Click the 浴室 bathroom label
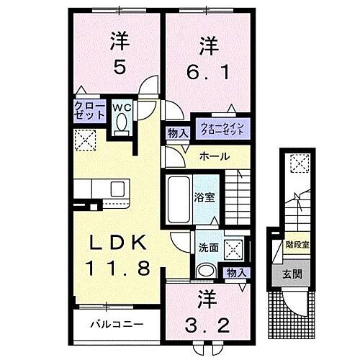coord(203,196)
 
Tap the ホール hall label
coord(215,156)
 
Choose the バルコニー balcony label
coord(116,325)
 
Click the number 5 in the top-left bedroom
coord(120,69)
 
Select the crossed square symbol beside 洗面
coord(234,248)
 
